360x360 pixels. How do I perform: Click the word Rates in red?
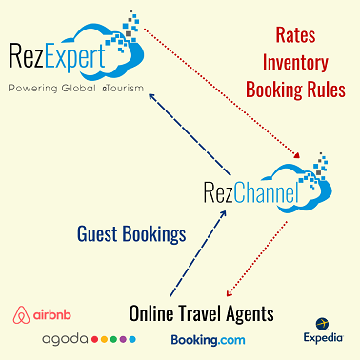(295, 35)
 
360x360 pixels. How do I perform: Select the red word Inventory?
(295, 63)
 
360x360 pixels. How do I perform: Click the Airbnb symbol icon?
(21, 315)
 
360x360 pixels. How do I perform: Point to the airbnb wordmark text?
(52, 314)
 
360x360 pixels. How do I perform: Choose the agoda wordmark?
(65, 340)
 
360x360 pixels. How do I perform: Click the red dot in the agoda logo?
(94, 339)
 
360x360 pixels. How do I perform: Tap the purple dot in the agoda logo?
(123, 339)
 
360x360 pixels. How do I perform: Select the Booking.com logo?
(208, 340)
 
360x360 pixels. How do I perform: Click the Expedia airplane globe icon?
(322, 324)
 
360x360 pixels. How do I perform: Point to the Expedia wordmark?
(323, 337)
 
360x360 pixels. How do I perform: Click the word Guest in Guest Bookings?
(97, 234)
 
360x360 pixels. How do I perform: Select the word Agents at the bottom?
(250, 314)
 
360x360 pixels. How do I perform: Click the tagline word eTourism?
(123, 88)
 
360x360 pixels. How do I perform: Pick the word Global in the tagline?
(78, 88)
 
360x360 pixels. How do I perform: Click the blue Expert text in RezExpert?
(75, 57)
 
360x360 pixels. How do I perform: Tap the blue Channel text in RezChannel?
(267, 192)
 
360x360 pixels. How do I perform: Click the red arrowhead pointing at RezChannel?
(297, 155)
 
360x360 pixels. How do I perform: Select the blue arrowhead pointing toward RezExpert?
(152, 96)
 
